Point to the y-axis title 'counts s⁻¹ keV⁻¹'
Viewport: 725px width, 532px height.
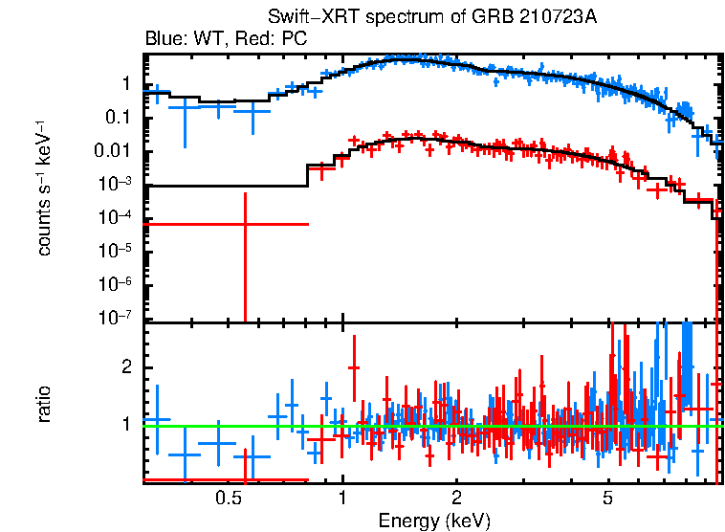pos(44,188)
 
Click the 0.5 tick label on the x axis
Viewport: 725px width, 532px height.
pos(228,498)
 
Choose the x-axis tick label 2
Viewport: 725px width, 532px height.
pos(456,498)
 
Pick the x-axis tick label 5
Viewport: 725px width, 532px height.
pos(607,498)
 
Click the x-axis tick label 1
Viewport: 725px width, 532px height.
pos(342,498)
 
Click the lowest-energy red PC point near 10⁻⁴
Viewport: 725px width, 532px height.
pos(246,224)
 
